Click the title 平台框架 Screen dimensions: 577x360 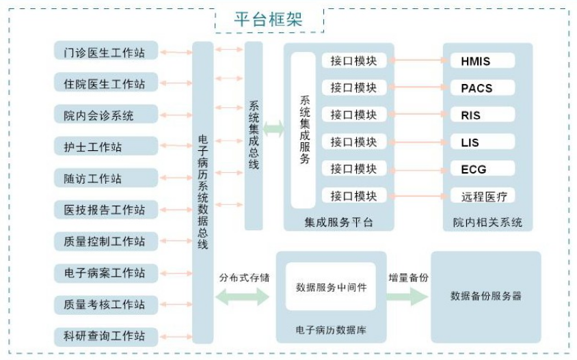(x=268, y=19)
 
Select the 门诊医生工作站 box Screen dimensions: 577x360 (x=106, y=51)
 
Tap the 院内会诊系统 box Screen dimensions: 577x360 (x=106, y=114)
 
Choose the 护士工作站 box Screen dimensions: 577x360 (x=106, y=146)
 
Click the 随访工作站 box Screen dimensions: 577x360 (x=106, y=178)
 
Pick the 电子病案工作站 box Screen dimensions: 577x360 (x=106, y=273)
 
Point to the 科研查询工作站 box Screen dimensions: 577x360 (x=106, y=337)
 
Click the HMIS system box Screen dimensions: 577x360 (x=483, y=60)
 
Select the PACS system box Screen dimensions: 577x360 (x=483, y=87)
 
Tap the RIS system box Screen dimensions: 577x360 (x=483, y=114)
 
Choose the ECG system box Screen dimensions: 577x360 (x=483, y=169)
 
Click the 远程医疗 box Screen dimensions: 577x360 (x=483, y=195)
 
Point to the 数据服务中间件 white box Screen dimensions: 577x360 (x=331, y=286)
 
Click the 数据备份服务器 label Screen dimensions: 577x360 (x=486, y=296)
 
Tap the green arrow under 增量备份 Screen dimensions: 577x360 (x=407, y=296)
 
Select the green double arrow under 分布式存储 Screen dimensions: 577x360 (x=243, y=296)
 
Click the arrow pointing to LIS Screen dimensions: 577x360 (x=419, y=142)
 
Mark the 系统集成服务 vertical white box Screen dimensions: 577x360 (x=304, y=130)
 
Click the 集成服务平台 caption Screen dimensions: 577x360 (x=338, y=222)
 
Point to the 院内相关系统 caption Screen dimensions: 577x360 (x=487, y=222)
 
